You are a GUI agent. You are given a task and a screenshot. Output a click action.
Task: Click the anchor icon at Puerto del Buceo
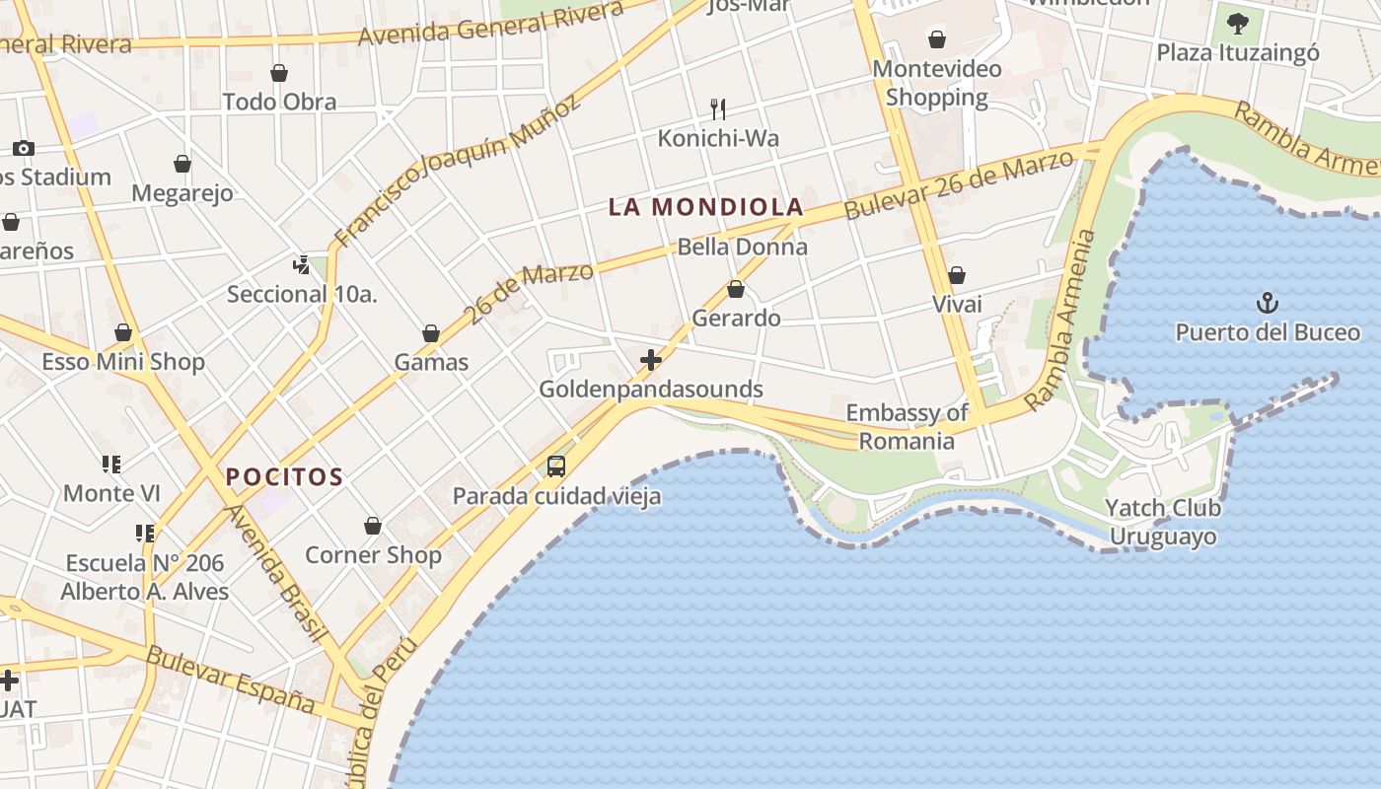[x=1267, y=303]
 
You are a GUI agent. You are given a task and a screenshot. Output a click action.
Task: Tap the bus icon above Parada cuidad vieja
[x=556, y=466]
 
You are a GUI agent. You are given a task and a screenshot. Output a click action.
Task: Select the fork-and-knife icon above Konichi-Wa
[x=718, y=108]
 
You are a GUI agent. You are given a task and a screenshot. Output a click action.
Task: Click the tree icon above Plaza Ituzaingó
[x=1237, y=23]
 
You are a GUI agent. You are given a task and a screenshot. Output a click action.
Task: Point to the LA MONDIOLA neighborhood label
[x=705, y=207]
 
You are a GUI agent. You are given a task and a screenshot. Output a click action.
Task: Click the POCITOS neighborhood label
[x=284, y=477]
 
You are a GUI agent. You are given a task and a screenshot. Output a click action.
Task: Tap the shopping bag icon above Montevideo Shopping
[x=936, y=39]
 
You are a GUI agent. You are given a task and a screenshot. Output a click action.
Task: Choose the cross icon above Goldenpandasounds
[x=651, y=360]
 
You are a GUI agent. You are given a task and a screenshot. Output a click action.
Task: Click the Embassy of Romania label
[x=907, y=427]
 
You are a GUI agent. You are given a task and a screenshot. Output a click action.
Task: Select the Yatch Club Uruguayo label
[x=1162, y=523]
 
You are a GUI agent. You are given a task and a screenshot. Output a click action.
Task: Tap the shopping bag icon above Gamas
[x=431, y=333]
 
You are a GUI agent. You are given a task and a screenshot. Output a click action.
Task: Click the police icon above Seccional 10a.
[x=302, y=264]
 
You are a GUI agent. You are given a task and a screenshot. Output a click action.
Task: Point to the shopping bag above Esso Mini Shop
[x=123, y=332]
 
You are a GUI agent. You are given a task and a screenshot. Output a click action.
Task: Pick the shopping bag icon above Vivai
[x=956, y=275]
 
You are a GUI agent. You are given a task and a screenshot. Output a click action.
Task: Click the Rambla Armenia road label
[x=1061, y=321]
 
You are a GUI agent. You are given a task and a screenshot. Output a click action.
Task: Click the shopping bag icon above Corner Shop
[x=373, y=526]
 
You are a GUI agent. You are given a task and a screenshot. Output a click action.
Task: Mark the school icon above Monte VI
[x=111, y=464]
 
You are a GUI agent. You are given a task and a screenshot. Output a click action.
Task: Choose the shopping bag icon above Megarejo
[x=182, y=164]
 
